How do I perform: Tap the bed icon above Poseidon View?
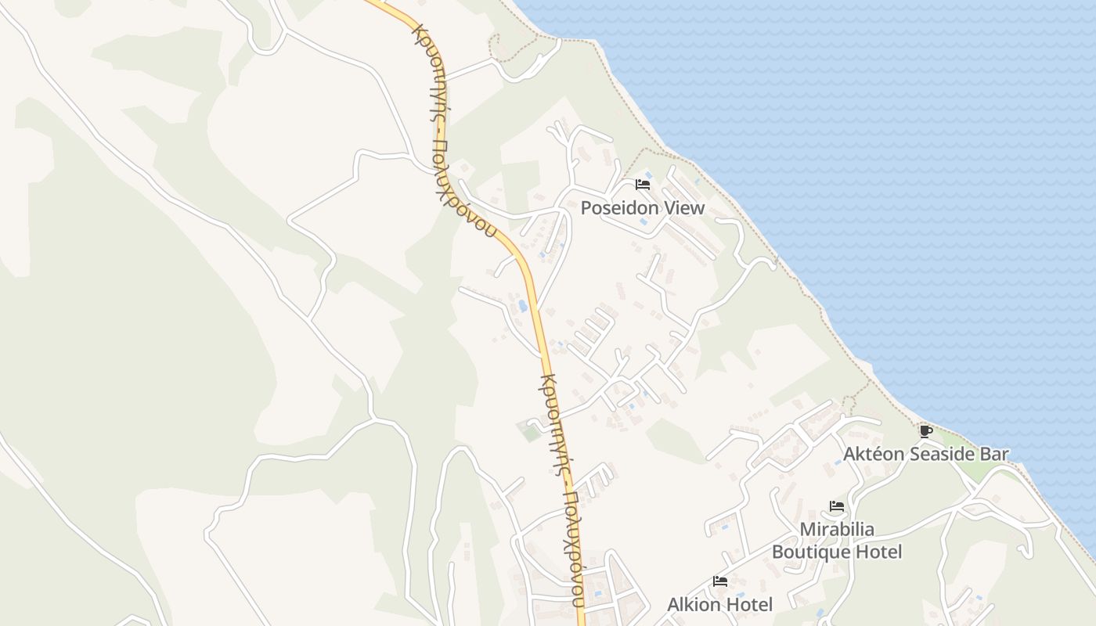(x=643, y=185)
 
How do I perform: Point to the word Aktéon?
(x=874, y=454)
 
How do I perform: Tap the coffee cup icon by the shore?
(x=925, y=431)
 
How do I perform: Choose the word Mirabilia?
(x=837, y=530)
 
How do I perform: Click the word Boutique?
(x=811, y=552)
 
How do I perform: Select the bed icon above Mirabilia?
(x=837, y=506)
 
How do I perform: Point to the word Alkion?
(x=693, y=604)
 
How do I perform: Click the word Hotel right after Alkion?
(x=748, y=604)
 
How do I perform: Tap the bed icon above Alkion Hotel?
(x=720, y=581)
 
